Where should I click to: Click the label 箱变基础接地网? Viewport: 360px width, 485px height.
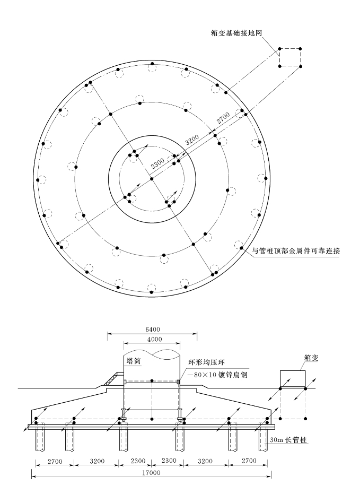point(237,32)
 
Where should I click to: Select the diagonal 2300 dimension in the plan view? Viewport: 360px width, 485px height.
point(157,166)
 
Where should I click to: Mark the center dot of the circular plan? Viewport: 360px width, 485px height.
point(152,179)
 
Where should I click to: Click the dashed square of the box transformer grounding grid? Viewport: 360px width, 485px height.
point(290,57)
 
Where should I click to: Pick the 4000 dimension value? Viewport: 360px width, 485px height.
point(152,339)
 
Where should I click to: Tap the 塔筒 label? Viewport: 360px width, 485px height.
point(134,360)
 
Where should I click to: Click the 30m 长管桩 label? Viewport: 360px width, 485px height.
point(282,440)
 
